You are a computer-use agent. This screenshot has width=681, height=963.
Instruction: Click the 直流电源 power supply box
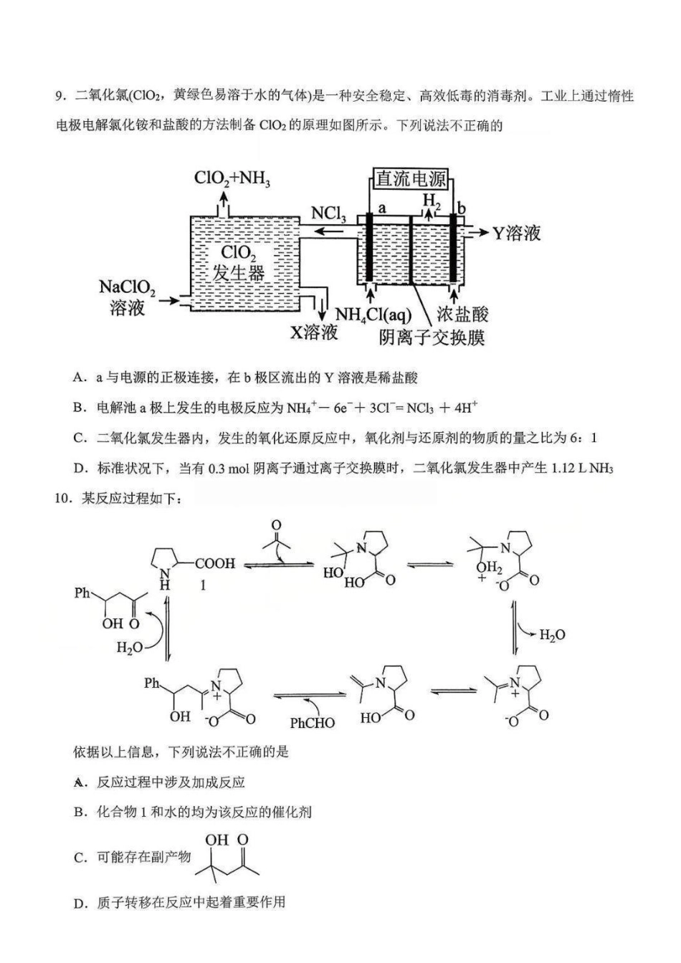(x=411, y=179)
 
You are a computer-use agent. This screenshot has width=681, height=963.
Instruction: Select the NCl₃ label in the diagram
(x=328, y=214)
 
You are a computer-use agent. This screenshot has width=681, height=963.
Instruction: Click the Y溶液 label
(x=516, y=234)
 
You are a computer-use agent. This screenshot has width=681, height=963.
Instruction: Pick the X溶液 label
(x=313, y=332)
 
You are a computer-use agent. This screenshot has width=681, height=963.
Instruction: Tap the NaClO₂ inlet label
(x=127, y=288)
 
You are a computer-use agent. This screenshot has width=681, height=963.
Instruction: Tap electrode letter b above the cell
(x=462, y=209)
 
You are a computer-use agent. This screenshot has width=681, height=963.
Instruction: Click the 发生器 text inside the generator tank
(x=239, y=273)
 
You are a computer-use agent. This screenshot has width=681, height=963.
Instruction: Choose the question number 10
(x=63, y=499)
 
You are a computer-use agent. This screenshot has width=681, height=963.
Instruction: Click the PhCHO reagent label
(x=312, y=722)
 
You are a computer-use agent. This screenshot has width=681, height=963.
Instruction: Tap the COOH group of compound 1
(x=215, y=564)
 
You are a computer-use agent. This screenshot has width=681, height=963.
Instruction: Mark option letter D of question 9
(x=80, y=469)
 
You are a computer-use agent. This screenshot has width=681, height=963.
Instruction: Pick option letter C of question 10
(x=80, y=858)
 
